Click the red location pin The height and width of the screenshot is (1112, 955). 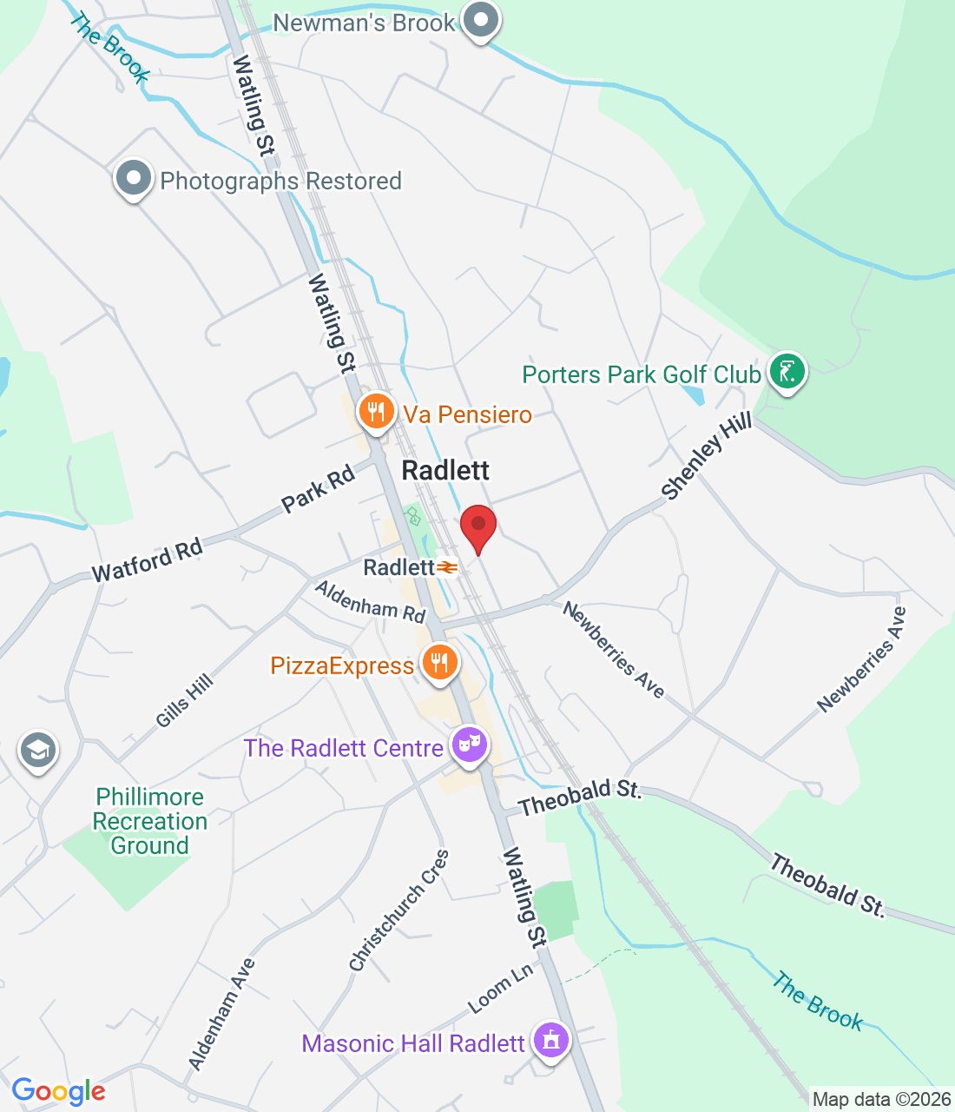477,526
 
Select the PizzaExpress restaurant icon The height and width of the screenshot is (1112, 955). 440,663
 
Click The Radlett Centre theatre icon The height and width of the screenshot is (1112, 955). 469,745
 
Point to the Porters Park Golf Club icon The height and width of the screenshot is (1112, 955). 787,372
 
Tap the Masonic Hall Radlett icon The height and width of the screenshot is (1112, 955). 550,1040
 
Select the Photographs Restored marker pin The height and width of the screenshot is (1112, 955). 134,178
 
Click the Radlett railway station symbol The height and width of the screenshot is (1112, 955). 447,567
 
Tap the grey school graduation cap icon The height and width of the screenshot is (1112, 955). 37,751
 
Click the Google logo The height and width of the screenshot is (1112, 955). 58,1091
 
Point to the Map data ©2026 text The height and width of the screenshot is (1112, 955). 881,1100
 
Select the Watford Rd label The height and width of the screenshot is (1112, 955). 148,560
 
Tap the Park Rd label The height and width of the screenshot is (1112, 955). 319,489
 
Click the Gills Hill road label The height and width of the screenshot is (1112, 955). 184,701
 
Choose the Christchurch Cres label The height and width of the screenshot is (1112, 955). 399,910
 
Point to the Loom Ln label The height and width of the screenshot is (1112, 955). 500,989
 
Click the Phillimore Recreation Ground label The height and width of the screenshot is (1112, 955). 149,821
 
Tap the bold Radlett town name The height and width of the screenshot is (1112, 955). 445,470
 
